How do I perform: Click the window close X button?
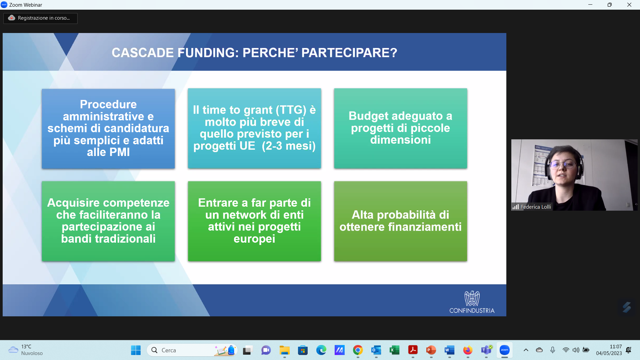coord(629,5)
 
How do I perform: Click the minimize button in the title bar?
coord(590,5)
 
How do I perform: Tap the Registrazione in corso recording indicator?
coord(40,18)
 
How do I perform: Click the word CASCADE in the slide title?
coord(143,53)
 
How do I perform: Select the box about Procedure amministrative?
coord(108,128)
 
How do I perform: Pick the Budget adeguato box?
coord(400,128)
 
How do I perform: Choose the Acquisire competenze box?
coord(108,221)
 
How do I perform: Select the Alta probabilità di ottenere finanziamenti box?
coord(400,221)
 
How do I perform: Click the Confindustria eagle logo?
coord(472,298)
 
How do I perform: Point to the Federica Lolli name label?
coord(535,207)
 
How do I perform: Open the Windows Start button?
coord(136,350)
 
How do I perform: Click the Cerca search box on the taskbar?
coord(192,350)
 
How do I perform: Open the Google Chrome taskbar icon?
coord(358,350)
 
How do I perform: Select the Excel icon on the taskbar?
coord(394,350)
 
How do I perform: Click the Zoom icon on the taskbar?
coord(504,350)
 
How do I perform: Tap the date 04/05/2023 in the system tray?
coord(609,353)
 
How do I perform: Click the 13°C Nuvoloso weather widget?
coord(26,350)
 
